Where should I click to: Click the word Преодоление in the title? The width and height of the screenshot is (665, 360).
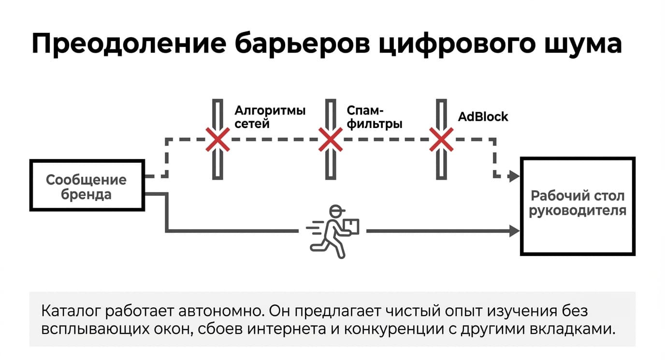[129, 44]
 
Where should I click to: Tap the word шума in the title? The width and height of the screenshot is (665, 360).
[583, 44]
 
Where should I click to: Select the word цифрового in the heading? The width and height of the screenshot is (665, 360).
[458, 44]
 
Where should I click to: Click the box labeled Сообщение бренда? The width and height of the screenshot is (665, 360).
[87, 186]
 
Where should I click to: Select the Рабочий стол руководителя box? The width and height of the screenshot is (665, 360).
[578, 206]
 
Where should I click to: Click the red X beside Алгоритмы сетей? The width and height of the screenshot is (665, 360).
[217, 140]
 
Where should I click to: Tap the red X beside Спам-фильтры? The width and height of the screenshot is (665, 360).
[331, 140]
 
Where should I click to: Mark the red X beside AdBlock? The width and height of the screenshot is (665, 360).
[441, 140]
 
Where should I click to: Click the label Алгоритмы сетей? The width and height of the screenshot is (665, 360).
[270, 117]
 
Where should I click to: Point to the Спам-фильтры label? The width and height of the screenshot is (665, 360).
[375, 117]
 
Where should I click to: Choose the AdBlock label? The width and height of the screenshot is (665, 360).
[483, 116]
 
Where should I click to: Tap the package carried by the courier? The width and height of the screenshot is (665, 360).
[351, 226]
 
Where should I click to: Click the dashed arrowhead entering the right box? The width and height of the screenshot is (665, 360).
[514, 176]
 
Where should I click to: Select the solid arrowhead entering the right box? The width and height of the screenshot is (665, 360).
[514, 231]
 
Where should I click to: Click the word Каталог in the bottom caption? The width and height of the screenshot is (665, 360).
[71, 311]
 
